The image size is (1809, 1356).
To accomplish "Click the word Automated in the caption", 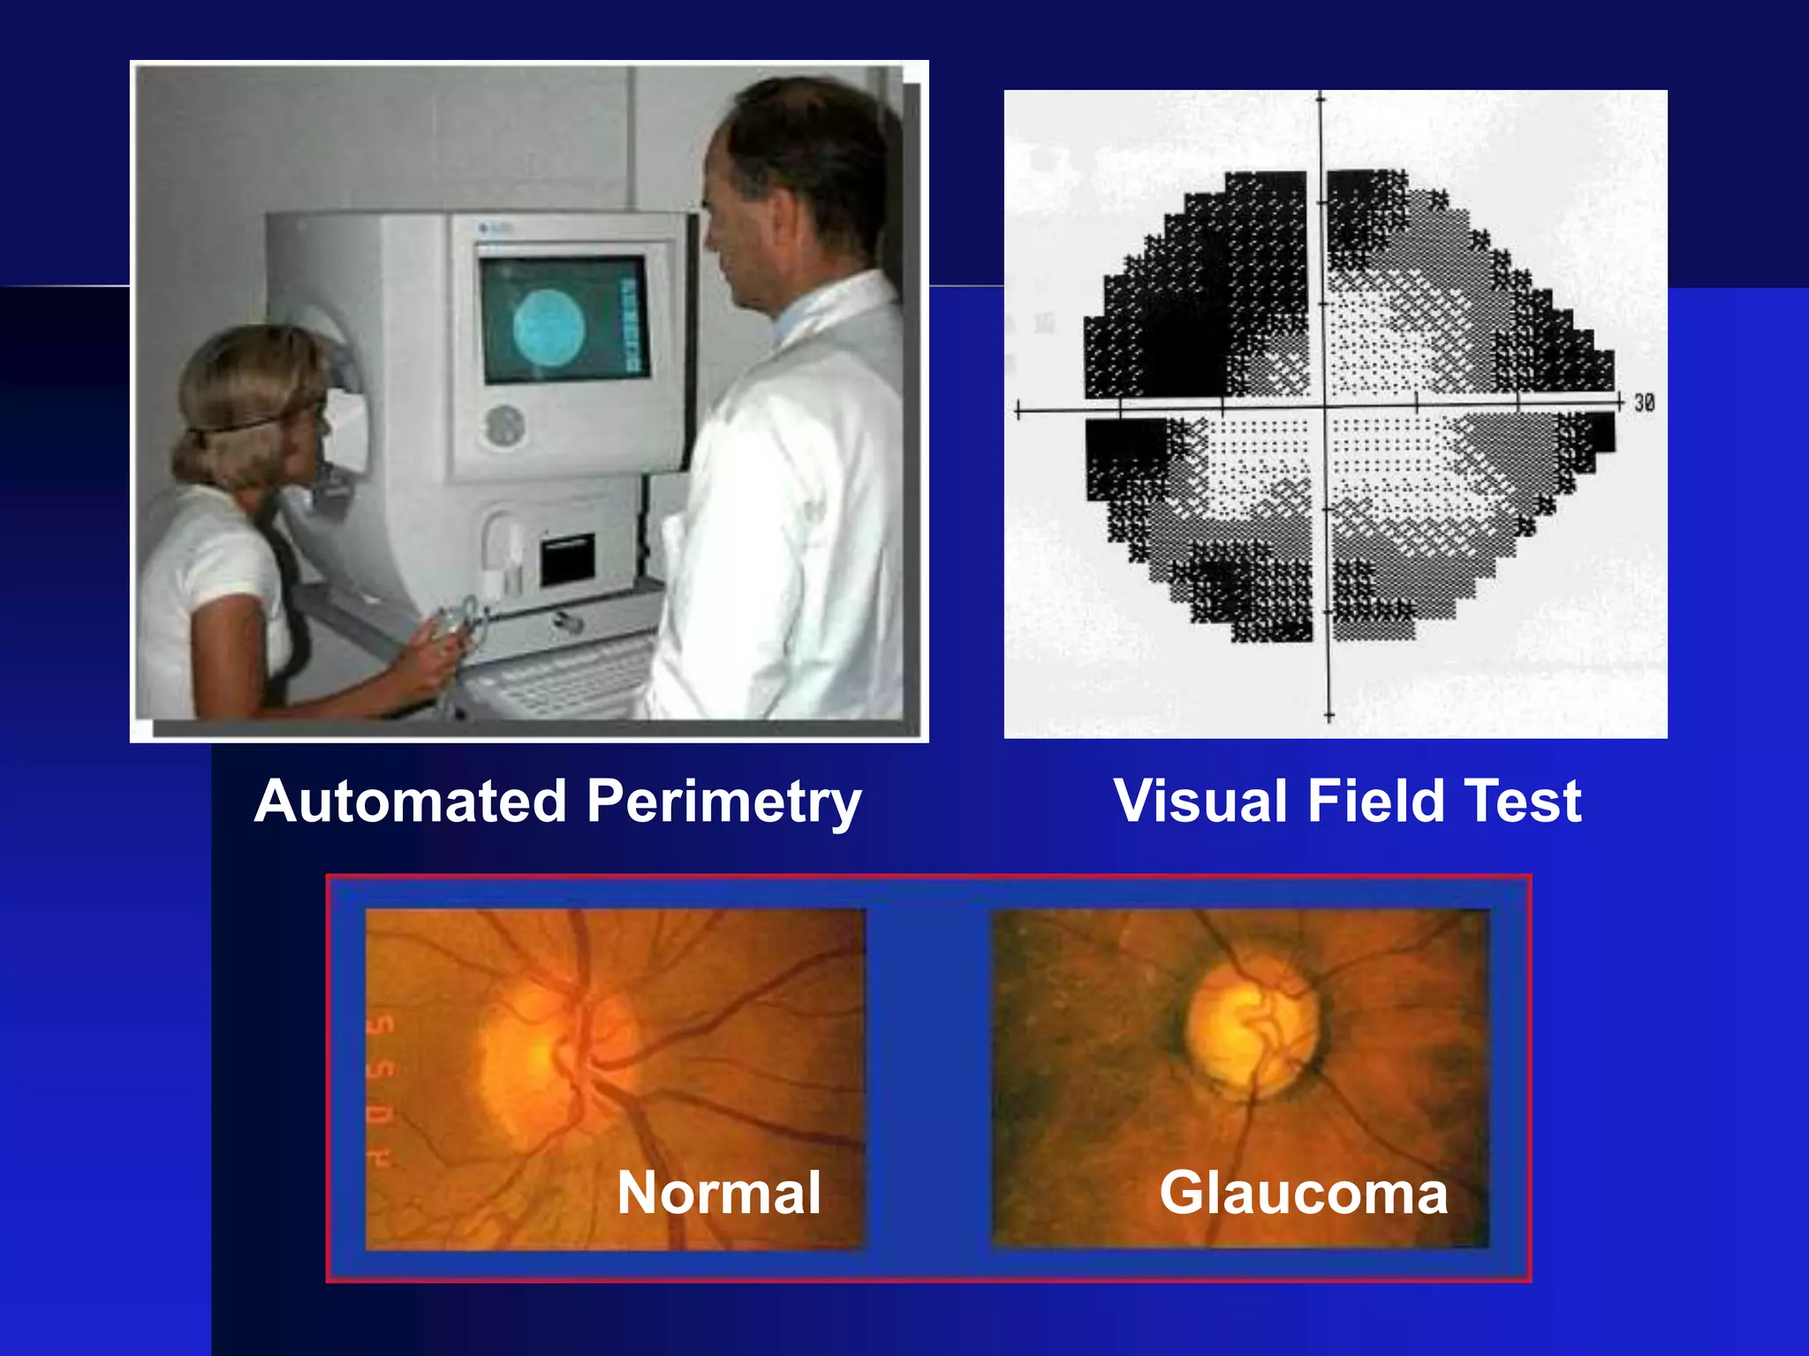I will [x=410, y=802].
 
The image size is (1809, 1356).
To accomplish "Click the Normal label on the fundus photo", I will [x=718, y=1193].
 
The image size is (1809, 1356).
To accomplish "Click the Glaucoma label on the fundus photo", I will [x=1303, y=1193].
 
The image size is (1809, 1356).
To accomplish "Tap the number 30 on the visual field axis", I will [x=1643, y=403].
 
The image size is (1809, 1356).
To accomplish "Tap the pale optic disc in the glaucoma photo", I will [x=1253, y=1028].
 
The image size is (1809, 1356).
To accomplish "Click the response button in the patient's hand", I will [x=459, y=618].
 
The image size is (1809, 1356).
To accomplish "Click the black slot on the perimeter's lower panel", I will [x=566, y=558].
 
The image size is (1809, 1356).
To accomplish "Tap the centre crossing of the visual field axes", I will [x=1324, y=409].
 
